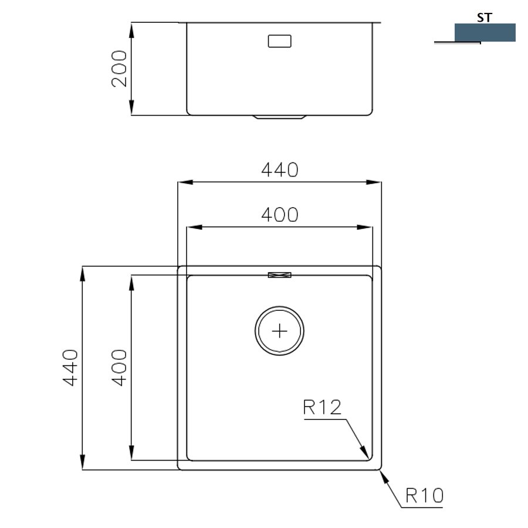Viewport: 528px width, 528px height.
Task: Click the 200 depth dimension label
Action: [x=120, y=69]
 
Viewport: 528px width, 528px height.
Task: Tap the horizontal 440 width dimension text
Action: [x=280, y=170]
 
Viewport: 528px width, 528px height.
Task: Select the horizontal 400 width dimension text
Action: [x=280, y=215]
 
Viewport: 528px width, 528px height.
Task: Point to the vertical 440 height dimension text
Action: [x=70, y=367]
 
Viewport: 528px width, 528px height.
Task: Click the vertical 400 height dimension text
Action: [x=119, y=367]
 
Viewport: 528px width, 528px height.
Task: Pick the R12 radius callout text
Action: [x=322, y=407]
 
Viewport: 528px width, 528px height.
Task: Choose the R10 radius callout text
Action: [x=425, y=496]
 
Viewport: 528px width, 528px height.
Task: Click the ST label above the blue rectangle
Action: [x=485, y=18]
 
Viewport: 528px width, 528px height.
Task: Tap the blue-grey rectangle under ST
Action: [x=485, y=33]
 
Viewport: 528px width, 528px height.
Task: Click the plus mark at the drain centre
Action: [x=279, y=331]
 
